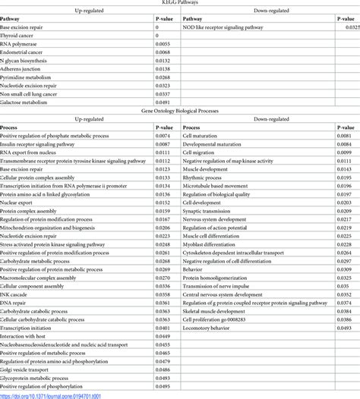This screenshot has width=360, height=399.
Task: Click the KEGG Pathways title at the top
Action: [180, 4]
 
